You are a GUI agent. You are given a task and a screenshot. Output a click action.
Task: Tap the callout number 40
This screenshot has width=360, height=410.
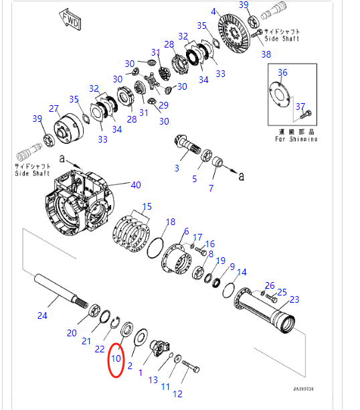click(136, 185)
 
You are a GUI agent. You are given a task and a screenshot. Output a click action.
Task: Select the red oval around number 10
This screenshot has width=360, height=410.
click(116, 360)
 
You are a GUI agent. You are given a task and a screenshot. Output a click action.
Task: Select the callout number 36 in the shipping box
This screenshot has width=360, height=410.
click(282, 72)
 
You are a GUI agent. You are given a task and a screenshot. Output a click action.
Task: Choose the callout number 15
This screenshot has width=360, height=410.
click(147, 206)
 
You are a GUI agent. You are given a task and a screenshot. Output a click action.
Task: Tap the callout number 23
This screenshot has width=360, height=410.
click(294, 299)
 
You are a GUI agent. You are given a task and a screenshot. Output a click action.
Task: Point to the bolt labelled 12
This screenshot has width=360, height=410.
click(190, 367)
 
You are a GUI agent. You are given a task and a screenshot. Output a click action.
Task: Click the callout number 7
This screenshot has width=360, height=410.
click(211, 189)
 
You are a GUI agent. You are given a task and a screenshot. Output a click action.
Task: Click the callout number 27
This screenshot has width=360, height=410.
click(54, 109)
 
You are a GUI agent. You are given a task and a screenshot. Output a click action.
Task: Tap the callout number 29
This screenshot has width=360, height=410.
click(164, 106)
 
